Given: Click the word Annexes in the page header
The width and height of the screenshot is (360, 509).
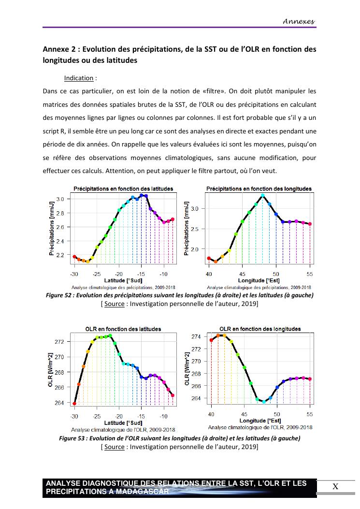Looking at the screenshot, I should tap(299, 21).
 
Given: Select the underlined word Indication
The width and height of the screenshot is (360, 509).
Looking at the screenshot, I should tap(79, 78).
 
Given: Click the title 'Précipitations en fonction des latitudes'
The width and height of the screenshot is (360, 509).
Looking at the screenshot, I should tap(123, 189).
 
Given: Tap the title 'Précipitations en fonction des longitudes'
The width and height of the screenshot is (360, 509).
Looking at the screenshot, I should tap(259, 189).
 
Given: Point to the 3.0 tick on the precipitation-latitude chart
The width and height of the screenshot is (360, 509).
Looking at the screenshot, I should tap(60, 199).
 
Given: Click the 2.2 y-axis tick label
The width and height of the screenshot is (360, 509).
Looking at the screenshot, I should tap(60, 255).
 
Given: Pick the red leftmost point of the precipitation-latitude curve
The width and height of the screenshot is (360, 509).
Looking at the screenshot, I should tap(74, 257).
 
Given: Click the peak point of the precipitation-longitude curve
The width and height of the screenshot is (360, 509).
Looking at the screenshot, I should tap(263, 195).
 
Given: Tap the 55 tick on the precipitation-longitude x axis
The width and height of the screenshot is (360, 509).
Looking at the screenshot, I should tap(310, 274).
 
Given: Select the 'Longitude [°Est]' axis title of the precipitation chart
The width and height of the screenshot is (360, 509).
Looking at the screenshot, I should tap(259, 280).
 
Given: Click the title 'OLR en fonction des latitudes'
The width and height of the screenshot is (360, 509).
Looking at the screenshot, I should tap(123, 329).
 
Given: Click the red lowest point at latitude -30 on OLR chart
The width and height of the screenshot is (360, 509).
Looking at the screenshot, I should tap(74, 403).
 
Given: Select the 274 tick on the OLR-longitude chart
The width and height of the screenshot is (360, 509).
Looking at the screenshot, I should tap(196, 336).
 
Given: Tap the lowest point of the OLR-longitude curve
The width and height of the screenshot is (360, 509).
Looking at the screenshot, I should tap(264, 402).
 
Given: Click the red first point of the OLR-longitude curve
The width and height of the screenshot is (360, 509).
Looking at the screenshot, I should tap(212, 340).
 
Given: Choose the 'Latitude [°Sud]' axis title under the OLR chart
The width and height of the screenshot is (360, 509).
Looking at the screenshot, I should tap(123, 423).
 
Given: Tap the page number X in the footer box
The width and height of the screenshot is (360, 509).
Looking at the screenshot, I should tap(335, 487).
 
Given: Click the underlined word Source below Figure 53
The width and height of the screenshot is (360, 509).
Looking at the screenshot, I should tap(115, 447).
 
